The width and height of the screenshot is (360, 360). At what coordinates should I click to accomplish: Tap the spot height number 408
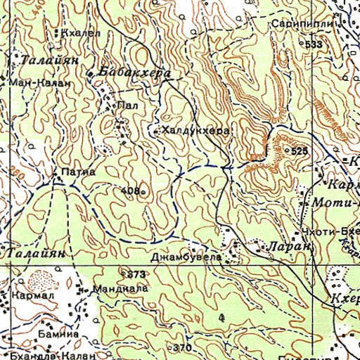(129, 191)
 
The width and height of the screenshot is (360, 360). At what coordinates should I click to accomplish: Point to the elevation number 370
(183, 348)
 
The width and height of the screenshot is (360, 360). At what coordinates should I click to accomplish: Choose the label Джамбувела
(190, 258)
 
